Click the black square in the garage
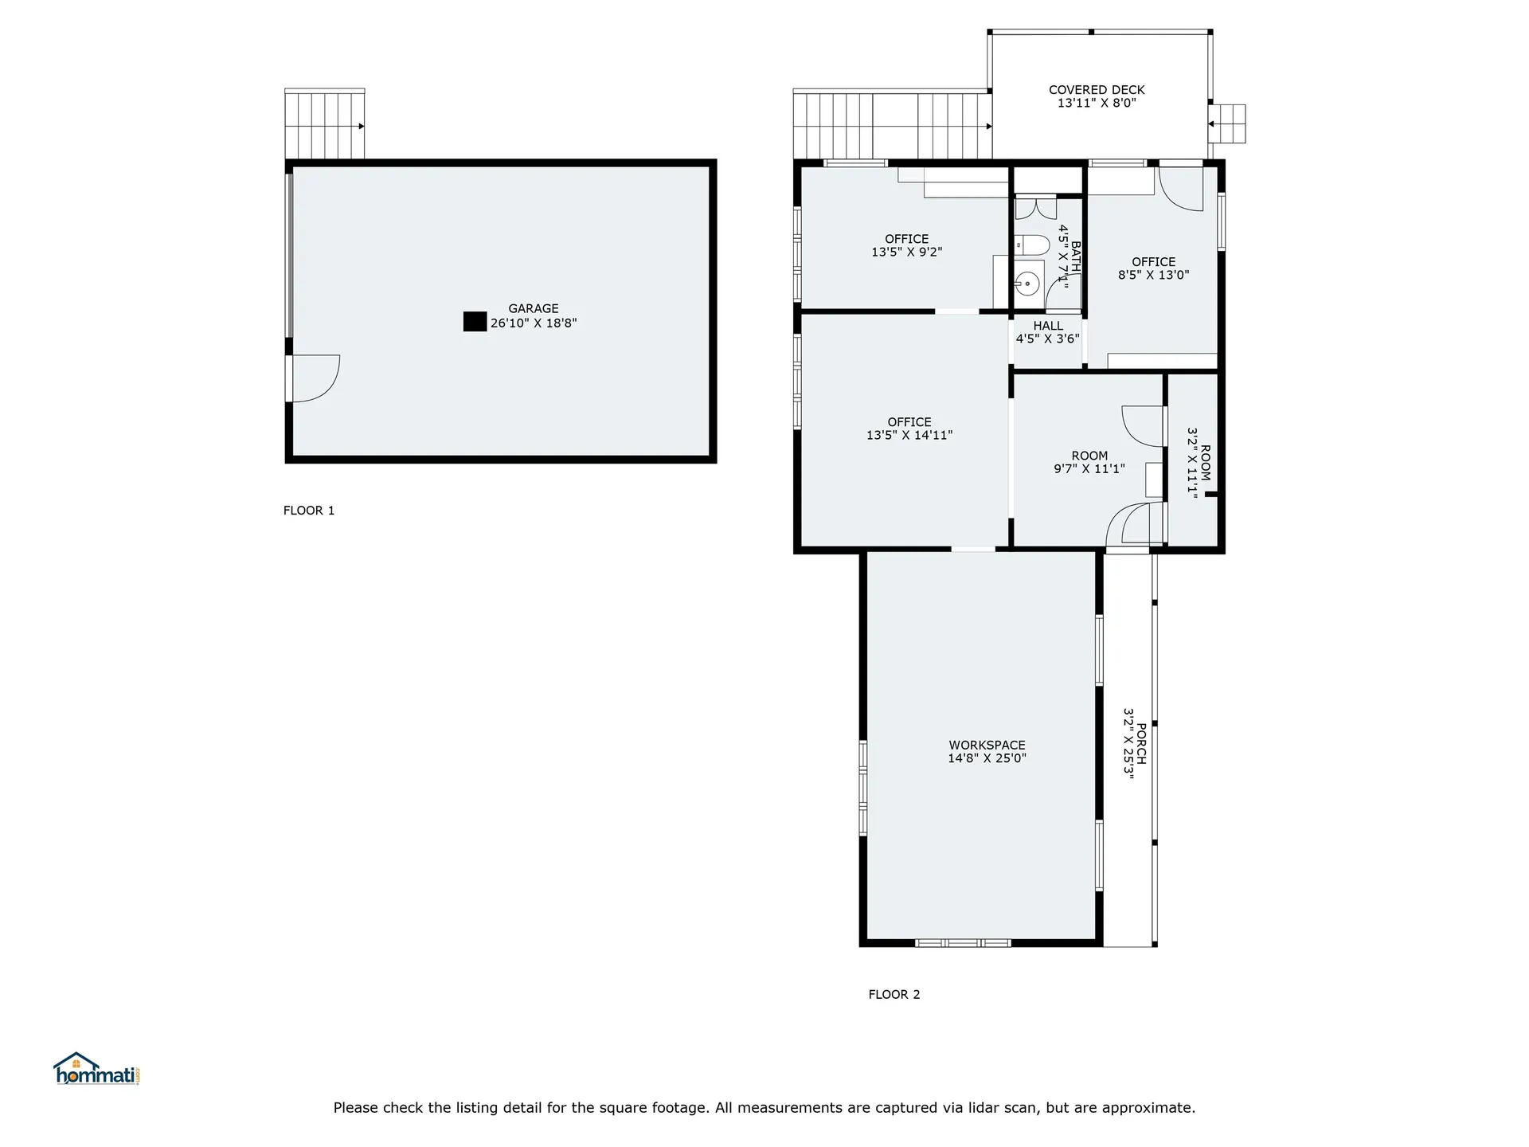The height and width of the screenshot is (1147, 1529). tap(475, 322)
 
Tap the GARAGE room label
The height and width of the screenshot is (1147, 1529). tap(534, 309)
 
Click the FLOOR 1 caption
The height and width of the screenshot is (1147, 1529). tap(309, 511)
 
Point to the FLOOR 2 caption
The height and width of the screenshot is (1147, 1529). tap(894, 994)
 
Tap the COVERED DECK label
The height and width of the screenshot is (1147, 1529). tap(1097, 90)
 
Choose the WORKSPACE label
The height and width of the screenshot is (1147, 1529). tap(987, 746)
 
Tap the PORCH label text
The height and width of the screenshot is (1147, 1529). tap(1141, 744)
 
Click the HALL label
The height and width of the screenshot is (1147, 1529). tap(1048, 326)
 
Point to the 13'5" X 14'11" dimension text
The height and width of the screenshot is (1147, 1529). tap(909, 435)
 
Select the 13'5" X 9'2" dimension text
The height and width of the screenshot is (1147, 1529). tap(907, 252)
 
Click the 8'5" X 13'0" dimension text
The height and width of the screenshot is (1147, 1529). tap(1154, 275)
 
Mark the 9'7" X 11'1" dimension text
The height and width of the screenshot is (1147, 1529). tap(1089, 468)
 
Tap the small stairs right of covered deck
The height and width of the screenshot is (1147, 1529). tap(1226, 124)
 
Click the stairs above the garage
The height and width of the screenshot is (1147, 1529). tap(325, 124)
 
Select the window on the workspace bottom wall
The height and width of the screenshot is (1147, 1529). tap(963, 943)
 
